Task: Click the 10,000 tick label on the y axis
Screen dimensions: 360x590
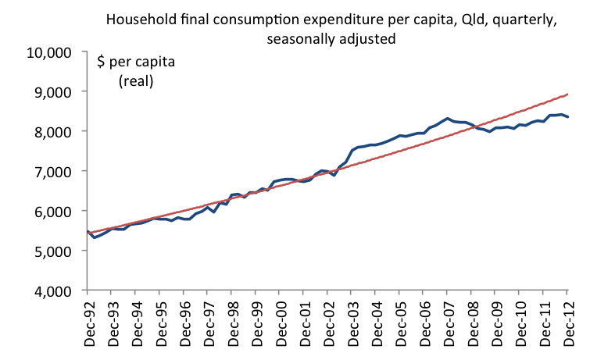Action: [x=49, y=52]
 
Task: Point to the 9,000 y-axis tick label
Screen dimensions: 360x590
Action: [x=52, y=91]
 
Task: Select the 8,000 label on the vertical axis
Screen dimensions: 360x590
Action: [x=52, y=131]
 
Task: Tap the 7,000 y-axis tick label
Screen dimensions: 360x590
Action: [x=52, y=171]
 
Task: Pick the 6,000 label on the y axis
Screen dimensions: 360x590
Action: [x=52, y=211]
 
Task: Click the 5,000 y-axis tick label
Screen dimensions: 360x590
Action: [x=52, y=251]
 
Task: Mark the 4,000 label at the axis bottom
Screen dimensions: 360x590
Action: [x=52, y=290]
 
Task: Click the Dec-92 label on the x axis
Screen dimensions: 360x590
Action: [x=88, y=322]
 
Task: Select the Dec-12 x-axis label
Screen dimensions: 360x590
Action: [x=567, y=322]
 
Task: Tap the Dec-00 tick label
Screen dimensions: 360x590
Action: [x=280, y=322]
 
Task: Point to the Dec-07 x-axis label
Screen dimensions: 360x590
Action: [x=447, y=322]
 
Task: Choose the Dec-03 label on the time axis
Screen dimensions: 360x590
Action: [x=352, y=322]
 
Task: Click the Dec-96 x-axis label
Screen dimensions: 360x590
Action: [x=184, y=322]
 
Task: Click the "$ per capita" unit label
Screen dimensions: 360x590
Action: [x=135, y=62]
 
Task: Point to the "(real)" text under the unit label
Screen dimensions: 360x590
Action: [x=135, y=80]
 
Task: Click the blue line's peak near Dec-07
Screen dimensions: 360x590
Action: [x=447, y=119]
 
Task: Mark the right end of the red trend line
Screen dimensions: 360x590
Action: [x=567, y=94]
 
